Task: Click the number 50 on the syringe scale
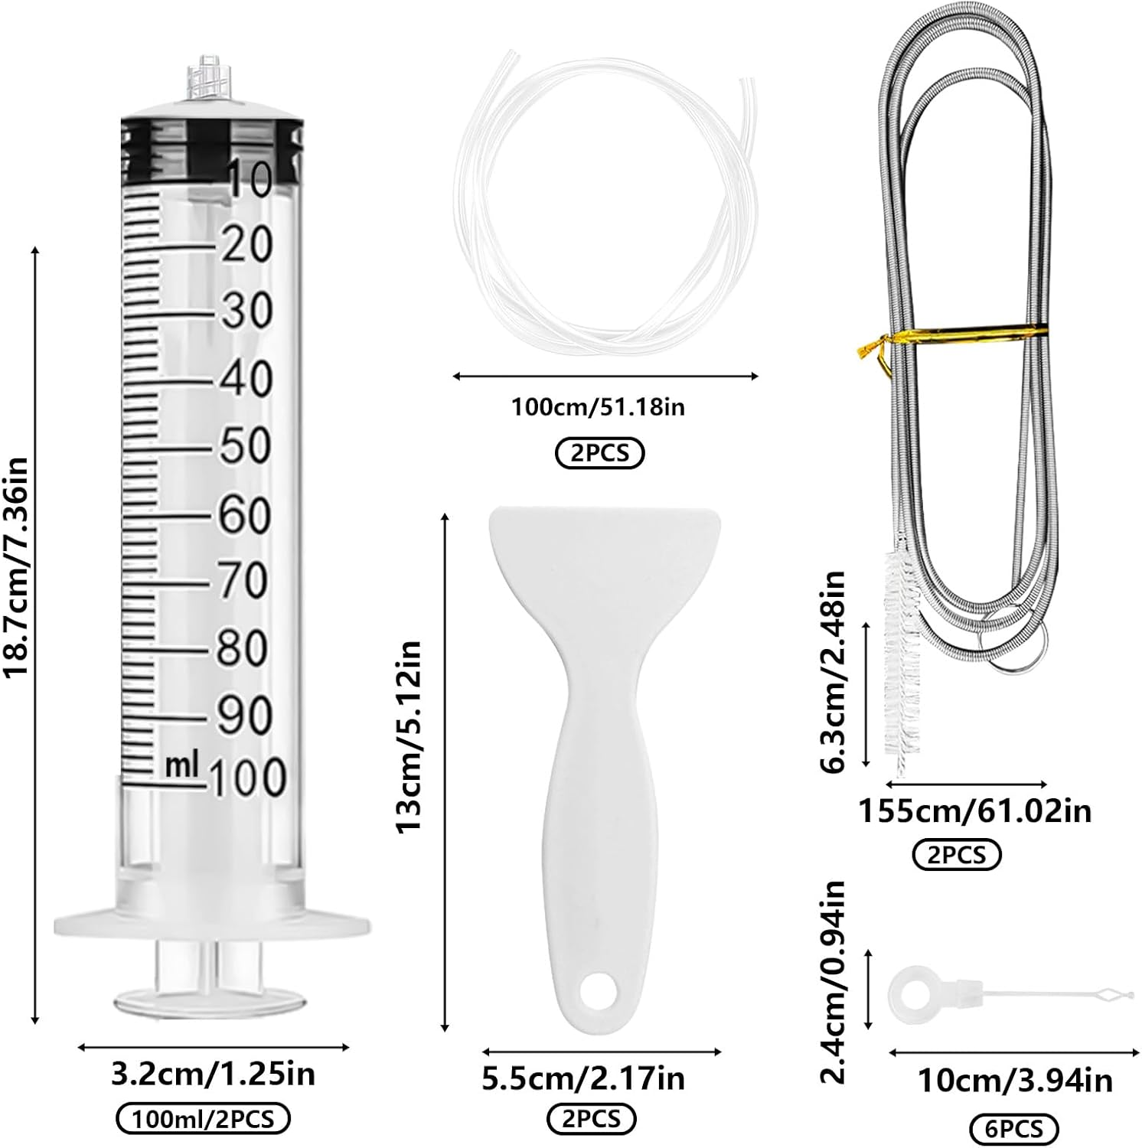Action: [246, 445]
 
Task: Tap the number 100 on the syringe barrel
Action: [246, 778]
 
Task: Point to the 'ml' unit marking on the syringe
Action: [181, 765]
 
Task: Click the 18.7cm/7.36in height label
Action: [16, 566]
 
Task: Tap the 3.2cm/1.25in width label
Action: [213, 1074]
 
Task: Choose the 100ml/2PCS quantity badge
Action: [203, 1119]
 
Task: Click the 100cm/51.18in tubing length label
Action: [598, 406]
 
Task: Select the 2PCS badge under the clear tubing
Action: [600, 453]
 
